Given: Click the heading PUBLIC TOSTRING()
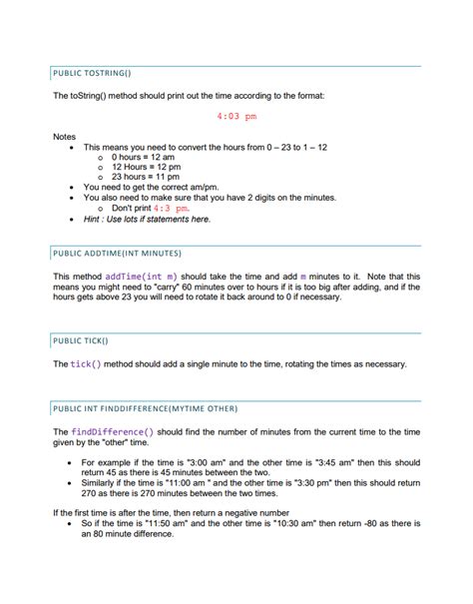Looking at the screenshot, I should (90, 74).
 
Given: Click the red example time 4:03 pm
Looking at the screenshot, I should (236, 116).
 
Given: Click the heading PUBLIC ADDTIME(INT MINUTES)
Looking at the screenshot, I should (119, 254).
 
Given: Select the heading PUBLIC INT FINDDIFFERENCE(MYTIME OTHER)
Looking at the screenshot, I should (147, 408).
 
